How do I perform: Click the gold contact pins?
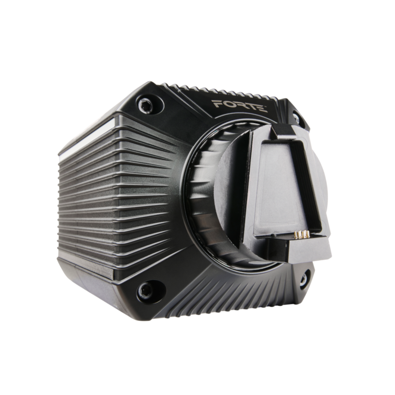pyautogui.click(x=303, y=235)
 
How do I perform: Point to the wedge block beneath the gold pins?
pyautogui.click(x=308, y=251)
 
